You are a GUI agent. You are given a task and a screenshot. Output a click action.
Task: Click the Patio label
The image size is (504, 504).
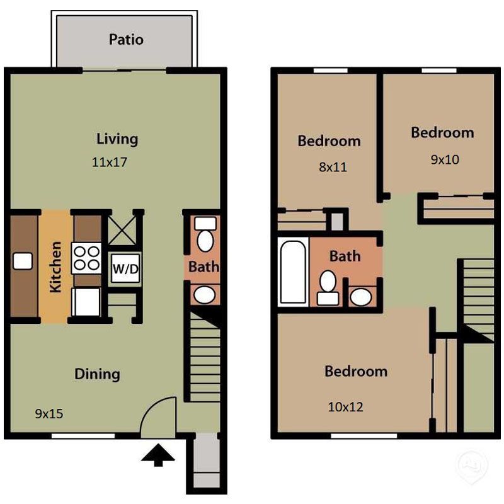(126, 40)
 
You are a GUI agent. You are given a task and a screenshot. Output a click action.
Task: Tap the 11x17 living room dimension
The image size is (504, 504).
(110, 162)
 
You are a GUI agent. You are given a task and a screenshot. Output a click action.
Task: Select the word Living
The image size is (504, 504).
(117, 139)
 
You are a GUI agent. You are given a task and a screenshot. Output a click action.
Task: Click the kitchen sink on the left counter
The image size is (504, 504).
(22, 261)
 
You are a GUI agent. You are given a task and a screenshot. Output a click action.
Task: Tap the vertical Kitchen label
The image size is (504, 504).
(55, 266)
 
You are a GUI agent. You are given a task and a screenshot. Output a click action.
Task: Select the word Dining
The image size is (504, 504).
(97, 374)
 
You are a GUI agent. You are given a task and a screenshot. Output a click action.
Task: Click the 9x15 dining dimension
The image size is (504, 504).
(49, 414)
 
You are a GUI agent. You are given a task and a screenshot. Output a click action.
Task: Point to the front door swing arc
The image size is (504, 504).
(157, 416)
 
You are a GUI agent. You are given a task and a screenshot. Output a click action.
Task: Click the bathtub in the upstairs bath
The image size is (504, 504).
(292, 271)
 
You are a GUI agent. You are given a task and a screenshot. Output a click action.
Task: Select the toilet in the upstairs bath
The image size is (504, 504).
(328, 287)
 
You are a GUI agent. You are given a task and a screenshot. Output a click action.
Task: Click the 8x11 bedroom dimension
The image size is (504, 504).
(332, 168)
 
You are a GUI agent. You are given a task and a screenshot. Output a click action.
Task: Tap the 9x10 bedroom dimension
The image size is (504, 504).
(445, 159)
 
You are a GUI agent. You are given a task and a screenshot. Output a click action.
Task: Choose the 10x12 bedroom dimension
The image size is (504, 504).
(345, 407)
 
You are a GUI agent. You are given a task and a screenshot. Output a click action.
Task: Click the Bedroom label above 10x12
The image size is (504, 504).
(356, 371)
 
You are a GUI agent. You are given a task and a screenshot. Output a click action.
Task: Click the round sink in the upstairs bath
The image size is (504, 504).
(361, 296)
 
